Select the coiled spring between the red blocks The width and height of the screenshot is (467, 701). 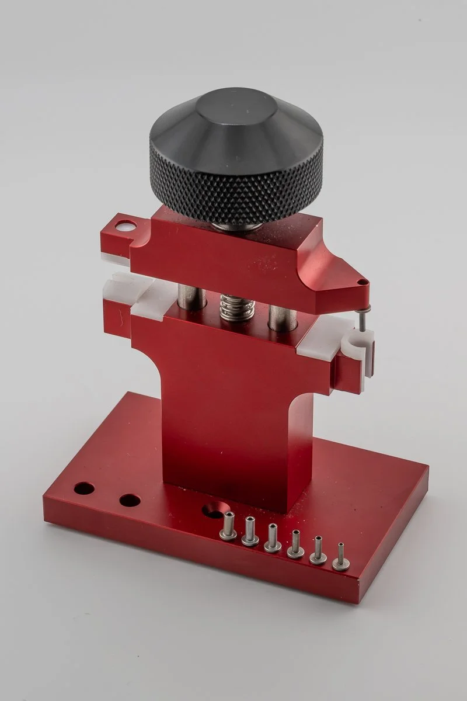pos(236,307)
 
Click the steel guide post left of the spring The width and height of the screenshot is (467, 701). pos(192,296)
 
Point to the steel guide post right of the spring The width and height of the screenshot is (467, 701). pos(283,315)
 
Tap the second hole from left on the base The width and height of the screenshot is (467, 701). pos(129,501)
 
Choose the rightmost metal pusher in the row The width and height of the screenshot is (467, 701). pos(341,557)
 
